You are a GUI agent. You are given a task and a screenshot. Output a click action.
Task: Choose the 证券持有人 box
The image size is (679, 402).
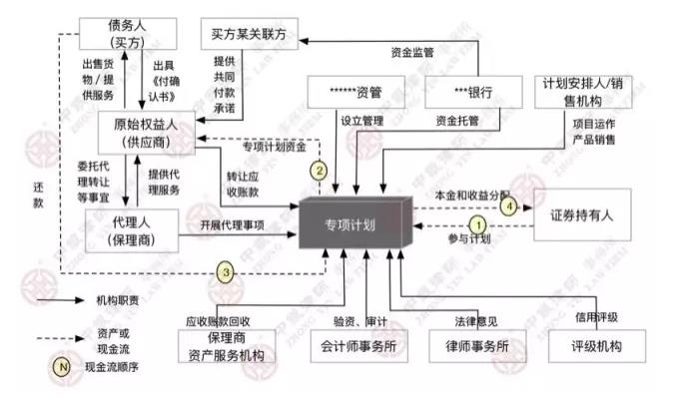(x=586, y=213)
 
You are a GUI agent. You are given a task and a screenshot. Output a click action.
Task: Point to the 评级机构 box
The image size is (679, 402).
(x=599, y=346)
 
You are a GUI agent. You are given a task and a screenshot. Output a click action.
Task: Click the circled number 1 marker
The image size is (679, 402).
(x=478, y=225)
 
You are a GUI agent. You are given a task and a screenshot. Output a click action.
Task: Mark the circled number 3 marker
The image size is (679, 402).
(x=227, y=270)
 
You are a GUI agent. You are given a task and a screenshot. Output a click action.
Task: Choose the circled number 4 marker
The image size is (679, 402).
(x=508, y=205)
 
